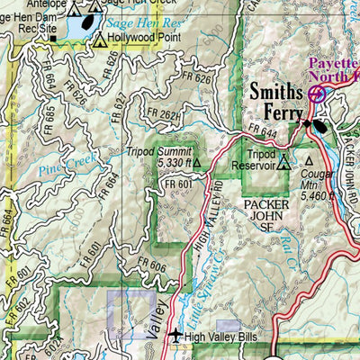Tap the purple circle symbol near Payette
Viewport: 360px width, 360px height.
[315, 93]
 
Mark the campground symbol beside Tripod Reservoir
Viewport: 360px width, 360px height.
[284, 163]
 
